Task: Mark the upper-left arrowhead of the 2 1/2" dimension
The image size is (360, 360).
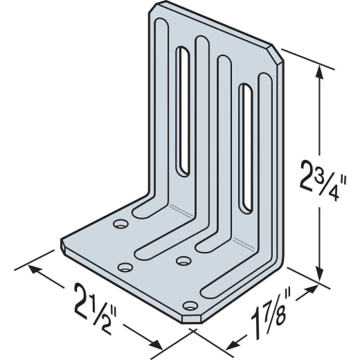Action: (x=34, y=269)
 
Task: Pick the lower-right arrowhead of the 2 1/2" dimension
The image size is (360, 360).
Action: (x=156, y=345)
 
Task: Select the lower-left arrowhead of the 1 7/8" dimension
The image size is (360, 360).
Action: (x=233, y=344)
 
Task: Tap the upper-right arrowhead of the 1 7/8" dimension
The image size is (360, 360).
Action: (x=312, y=289)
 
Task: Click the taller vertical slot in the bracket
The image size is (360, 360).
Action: (x=183, y=111)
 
